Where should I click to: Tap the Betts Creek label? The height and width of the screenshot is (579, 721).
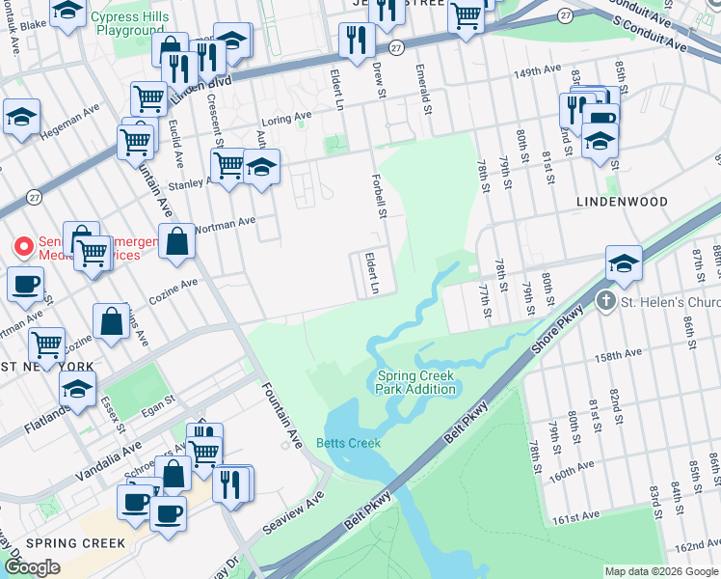pos(348,443)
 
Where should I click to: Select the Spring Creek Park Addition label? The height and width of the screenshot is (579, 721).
pos(415,382)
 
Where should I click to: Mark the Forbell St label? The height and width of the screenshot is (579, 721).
pos(381,196)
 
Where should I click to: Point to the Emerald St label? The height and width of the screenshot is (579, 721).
pos(420,90)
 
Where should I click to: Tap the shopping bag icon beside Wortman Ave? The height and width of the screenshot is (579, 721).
pos(177,242)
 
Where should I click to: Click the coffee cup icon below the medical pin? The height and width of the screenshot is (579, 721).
pos(25,285)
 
